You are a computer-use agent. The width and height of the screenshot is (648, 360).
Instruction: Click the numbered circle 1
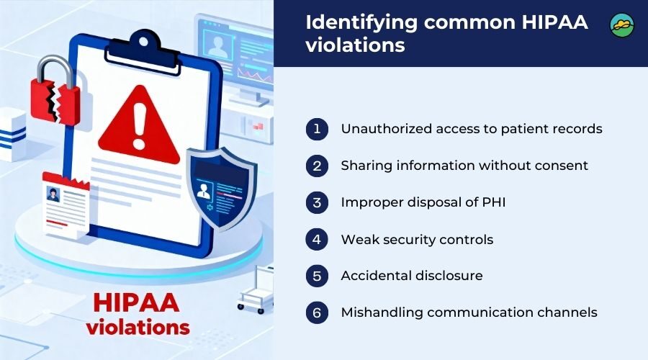pos(317,129)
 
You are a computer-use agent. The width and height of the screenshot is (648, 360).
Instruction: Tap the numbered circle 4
pos(317,239)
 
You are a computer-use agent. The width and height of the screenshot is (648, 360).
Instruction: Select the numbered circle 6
pos(317,312)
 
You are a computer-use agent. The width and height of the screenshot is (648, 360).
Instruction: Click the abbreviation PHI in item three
pos(493,202)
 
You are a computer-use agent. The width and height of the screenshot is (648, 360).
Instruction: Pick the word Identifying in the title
pos(361,23)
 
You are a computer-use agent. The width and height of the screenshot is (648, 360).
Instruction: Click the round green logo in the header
pos(622,24)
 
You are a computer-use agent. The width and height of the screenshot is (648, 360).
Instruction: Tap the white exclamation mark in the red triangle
pos(139,126)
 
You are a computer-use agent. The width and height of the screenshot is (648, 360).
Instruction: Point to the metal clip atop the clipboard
pos(143,53)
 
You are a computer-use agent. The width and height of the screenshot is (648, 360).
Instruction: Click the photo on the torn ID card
pos(53,194)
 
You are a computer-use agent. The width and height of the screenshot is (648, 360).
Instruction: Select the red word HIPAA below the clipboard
pos(136,302)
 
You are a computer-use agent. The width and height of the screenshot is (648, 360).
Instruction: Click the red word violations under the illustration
pos(138,328)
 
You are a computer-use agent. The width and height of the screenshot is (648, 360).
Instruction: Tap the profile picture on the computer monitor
pos(217,45)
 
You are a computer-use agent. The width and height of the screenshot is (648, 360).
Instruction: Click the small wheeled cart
pos(256,289)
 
